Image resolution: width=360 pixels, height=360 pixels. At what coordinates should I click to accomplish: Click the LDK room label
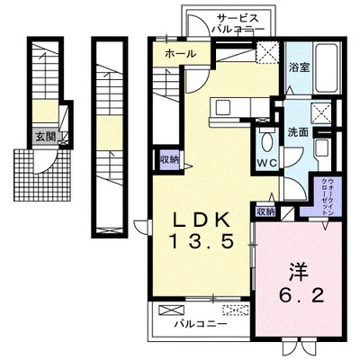[x=200, y=220]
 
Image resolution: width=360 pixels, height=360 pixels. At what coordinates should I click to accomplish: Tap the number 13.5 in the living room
[x=202, y=241]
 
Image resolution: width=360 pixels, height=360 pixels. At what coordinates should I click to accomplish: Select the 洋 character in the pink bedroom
[x=299, y=271]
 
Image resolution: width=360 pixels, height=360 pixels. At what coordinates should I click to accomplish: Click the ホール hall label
[x=181, y=54]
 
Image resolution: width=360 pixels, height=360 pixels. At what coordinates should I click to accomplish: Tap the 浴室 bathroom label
[x=299, y=67]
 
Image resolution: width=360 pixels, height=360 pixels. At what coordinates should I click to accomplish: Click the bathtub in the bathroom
[x=328, y=67]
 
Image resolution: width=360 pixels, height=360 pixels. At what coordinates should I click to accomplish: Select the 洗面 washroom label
[x=298, y=132]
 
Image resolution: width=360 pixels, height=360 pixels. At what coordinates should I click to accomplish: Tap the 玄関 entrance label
[x=46, y=137]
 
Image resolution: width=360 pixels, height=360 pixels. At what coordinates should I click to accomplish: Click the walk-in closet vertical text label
[x=328, y=196]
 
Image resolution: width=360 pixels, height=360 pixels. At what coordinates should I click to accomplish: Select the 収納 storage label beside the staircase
[x=169, y=159]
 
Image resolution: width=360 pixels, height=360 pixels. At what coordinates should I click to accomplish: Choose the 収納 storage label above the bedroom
[x=265, y=211]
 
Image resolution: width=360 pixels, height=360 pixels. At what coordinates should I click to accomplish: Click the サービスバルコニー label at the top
[x=238, y=24]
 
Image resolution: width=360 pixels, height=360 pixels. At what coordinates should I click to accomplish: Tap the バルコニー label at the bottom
[x=201, y=324]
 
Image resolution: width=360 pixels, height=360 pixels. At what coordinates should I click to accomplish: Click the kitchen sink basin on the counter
[x=222, y=107]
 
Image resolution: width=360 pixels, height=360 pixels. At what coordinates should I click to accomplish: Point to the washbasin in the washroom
[x=322, y=148]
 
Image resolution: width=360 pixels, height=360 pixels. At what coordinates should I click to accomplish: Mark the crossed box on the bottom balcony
[x=170, y=310]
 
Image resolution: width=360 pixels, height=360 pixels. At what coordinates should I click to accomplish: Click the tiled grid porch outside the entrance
[x=42, y=175]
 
